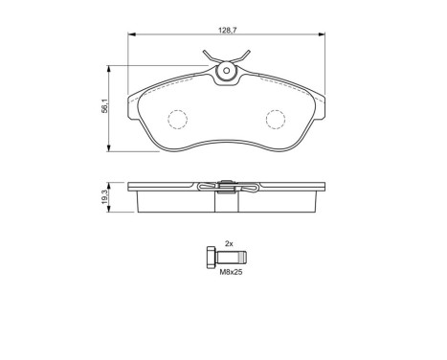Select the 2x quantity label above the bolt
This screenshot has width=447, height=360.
click(230, 245)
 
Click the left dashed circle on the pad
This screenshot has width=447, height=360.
click(178, 120)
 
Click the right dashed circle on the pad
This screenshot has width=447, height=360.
click(276, 120)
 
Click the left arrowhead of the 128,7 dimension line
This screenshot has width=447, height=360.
click(129, 36)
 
